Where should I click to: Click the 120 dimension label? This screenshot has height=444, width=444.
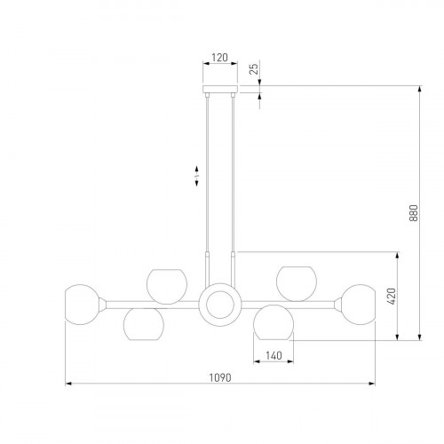point(220,58)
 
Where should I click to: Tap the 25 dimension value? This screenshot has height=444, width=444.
point(254,68)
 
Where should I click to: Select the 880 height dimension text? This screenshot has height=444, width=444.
point(414,213)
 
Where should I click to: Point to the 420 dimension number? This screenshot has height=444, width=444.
point(391,297)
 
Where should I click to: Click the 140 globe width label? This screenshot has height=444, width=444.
point(274,355)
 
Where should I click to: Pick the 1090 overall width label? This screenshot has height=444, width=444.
point(220,377)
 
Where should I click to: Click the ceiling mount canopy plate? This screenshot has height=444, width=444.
point(220,89)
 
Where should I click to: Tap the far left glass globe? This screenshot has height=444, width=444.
point(82,305)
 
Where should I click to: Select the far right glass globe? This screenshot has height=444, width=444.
point(358,305)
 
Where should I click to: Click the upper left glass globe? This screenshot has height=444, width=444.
point(167,287)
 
